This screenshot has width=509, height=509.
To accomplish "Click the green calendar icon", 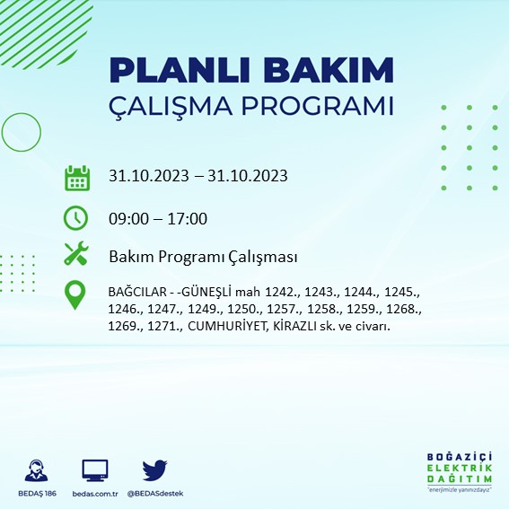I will point(76,177).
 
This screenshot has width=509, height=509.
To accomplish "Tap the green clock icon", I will point(76,217).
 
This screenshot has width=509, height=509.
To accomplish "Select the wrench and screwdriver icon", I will point(76,255).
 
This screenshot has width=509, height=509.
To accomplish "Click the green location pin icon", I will point(76,295).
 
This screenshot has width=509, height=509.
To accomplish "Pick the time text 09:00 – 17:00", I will point(158,218).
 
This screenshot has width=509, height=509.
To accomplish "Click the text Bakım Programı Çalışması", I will point(202,257).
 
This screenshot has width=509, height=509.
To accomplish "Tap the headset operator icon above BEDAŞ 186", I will point(39,470).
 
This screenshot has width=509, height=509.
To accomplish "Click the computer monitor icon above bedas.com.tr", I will point(94,470).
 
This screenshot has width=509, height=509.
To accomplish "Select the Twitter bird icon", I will point(155,470).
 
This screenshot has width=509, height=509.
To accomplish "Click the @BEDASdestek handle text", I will point(155,494).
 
